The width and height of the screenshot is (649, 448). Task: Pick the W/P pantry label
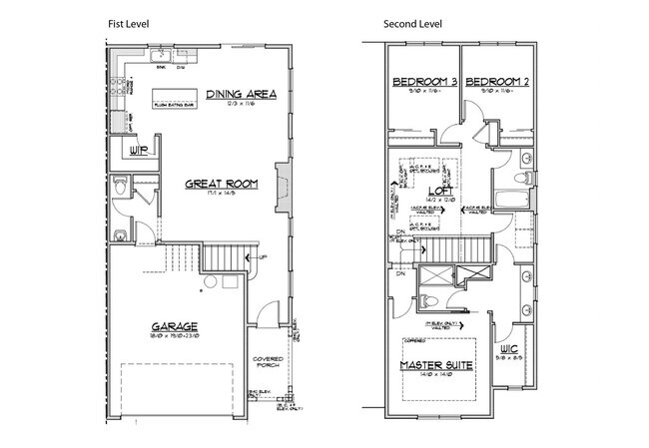point(138,152)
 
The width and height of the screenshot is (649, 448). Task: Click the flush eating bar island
point(174,101)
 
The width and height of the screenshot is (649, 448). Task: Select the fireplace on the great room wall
point(284,186)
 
